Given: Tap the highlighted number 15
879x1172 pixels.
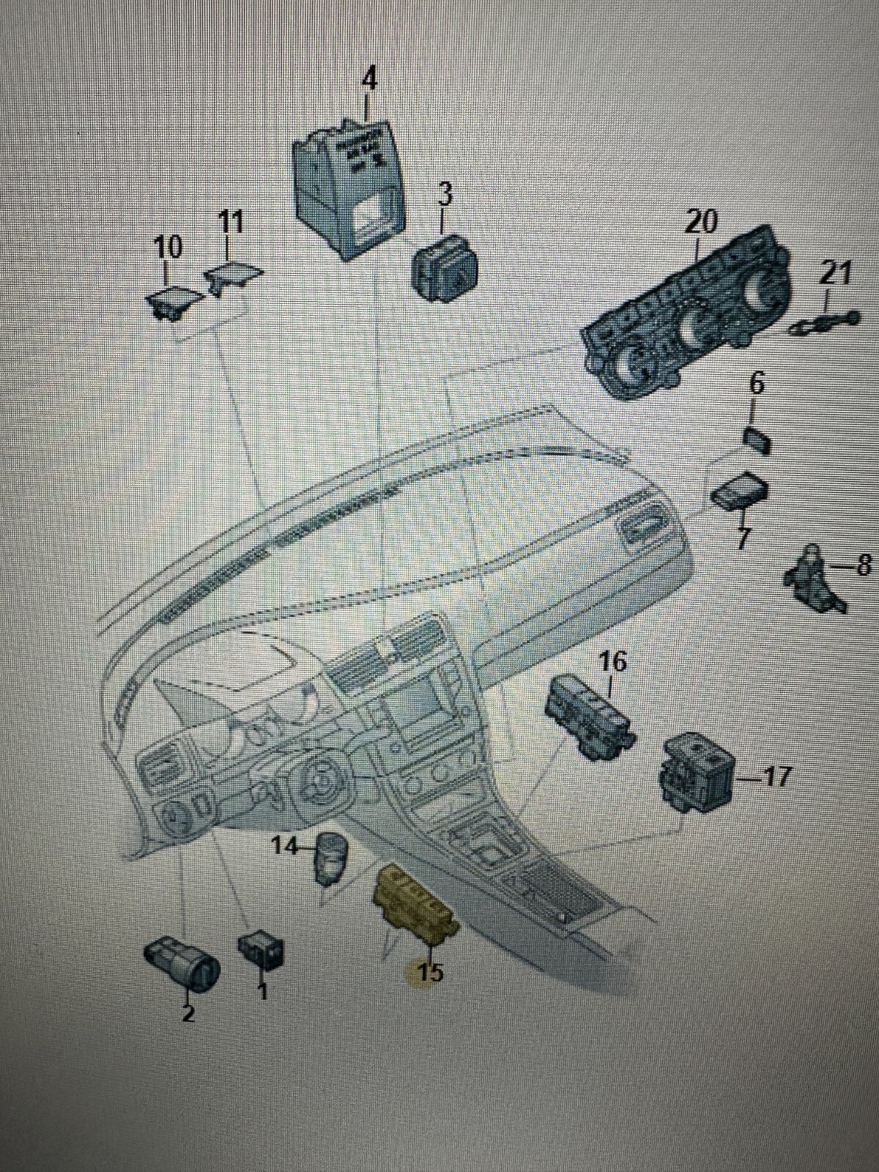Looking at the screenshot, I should pyautogui.click(x=430, y=973).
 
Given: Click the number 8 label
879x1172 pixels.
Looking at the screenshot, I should pyautogui.click(x=864, y=565).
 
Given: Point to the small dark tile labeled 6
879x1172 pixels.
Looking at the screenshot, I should pyautogui.click(x=757, y=441).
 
